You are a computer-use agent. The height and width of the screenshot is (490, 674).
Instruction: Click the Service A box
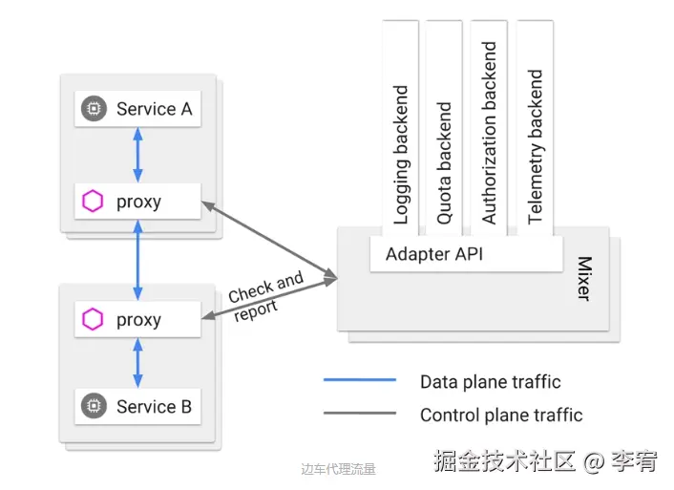pos(137,109)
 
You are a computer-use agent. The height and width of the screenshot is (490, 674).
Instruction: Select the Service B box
pos(137,406)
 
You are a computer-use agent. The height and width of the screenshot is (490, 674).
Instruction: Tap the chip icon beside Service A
pos(93,109)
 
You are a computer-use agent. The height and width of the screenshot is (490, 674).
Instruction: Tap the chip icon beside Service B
pos(93,406)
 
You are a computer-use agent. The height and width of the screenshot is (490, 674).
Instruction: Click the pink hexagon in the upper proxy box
pos(93,202)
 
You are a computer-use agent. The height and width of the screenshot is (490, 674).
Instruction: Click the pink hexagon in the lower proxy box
pos(93,320)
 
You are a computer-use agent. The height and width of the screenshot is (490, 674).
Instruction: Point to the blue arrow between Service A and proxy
pos(137,155)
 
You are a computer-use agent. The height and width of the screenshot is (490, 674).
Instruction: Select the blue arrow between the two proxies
pos(137,261)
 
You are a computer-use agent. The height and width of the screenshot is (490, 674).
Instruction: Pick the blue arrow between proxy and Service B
pos(137,363)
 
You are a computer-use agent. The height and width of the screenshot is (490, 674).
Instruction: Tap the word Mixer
pos(583,278)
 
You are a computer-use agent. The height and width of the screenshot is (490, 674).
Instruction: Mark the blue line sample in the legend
pos(359,380)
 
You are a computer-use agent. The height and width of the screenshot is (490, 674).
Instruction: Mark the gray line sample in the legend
pos(359,414)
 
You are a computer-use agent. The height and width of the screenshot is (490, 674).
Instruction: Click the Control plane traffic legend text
pos(500,415)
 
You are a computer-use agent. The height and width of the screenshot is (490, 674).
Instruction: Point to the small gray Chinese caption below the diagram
pos(338,469)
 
